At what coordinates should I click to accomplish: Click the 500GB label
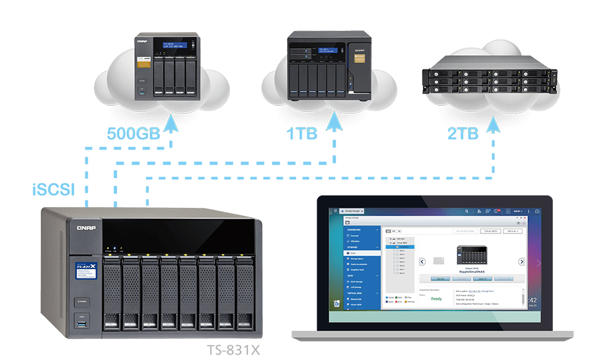coord(132,133)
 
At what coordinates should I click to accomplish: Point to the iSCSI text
coord(53,189)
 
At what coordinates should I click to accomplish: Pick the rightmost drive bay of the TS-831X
coord(244,291)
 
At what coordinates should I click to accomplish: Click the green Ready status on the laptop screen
coord(436,299)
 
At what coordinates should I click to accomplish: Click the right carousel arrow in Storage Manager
coord(521,262)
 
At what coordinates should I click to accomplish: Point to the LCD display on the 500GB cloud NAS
coord(175,46)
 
